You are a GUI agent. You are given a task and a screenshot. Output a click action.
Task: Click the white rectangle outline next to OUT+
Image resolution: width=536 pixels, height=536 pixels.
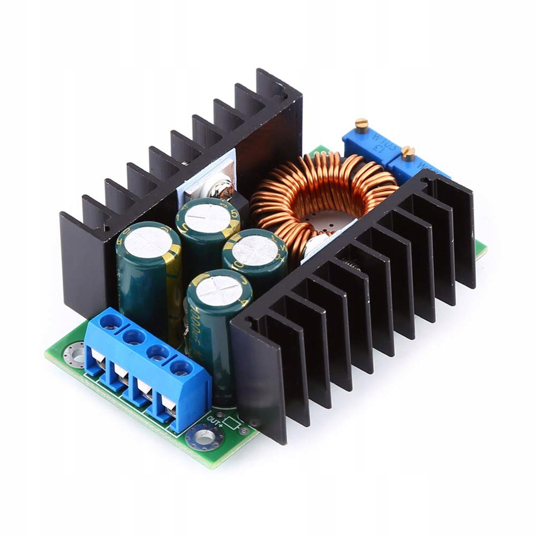tap(231, 423)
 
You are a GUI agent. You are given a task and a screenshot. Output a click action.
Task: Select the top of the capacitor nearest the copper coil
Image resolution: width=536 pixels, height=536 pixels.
tap(254, 250)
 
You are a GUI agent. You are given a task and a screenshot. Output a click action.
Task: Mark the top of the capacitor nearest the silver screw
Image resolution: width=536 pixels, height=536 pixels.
tap(208, 218)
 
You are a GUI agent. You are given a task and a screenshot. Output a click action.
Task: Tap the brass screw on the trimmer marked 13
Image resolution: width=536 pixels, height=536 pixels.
tap(361, 124)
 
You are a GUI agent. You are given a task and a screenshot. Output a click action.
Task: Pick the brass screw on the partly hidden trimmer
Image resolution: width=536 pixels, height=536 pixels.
tap(408, 153)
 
